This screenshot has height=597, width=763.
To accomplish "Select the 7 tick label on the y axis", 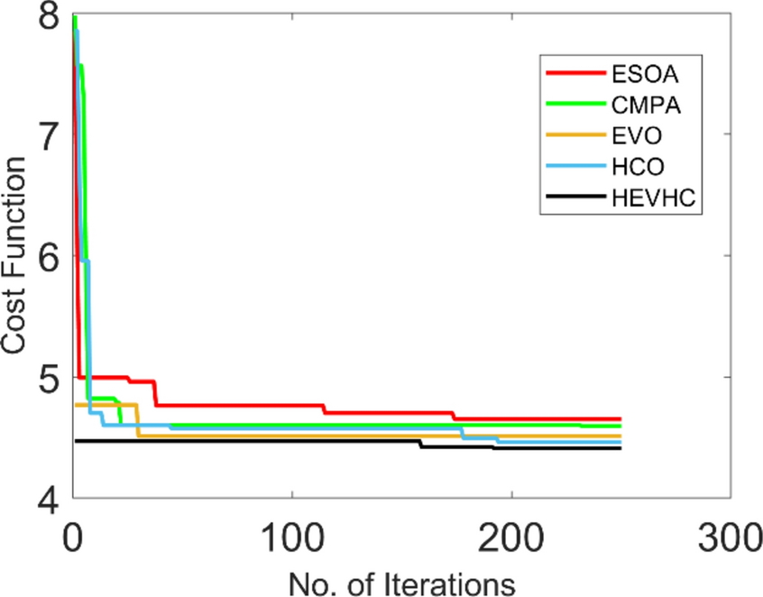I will (43, 135).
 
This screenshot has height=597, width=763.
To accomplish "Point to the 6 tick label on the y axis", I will (43, 256).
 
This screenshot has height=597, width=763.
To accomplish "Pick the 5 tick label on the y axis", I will (43, 377).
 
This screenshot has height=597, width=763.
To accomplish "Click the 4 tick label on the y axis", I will (43, 498).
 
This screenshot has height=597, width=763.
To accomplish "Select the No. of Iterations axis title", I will (401, 580).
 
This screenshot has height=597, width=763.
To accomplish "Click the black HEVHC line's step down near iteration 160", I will (421, 445).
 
